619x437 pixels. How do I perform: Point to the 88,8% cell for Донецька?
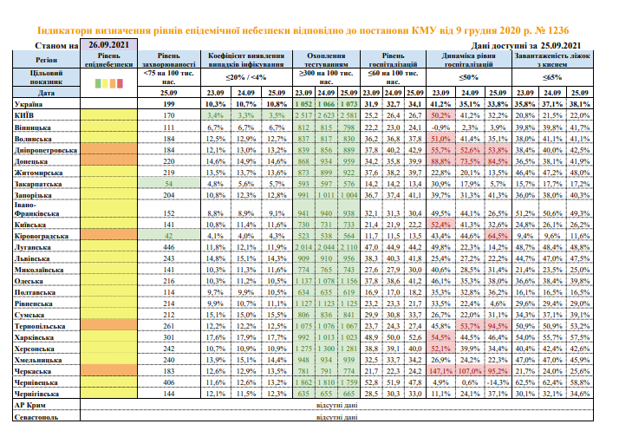[x=443, y=161]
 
